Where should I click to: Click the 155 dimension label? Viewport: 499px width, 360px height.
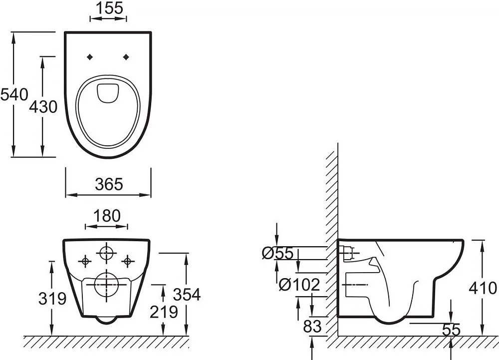point(109,8)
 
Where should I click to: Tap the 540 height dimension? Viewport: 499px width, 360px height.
point(14,95)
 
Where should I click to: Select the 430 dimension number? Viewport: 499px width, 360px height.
point(43,107)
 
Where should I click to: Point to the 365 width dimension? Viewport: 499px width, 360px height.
point(109,184)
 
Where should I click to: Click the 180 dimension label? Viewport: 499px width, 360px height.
point(107,216)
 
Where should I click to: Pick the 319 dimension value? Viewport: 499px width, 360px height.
point(52,299)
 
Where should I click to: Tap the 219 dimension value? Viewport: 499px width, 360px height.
point(164,312)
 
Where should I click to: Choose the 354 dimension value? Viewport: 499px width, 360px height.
point(187,295)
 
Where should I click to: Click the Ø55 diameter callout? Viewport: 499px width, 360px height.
point(277,253)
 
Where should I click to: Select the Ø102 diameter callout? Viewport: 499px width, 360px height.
point(299,285)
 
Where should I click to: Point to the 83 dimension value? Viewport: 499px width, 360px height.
point(312,326)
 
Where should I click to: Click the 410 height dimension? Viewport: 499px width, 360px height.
point(483,288)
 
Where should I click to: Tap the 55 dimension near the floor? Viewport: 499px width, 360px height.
point(451,330)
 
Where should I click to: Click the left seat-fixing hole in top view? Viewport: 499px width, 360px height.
point(90,57)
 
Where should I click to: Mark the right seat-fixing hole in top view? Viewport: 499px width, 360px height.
point(126,57)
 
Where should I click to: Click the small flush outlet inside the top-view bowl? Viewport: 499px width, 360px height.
point(107,93)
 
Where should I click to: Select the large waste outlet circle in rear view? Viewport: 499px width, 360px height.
point(107,284)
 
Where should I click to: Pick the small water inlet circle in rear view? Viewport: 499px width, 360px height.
point(106,253)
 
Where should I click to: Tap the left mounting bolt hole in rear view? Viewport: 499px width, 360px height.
point(85,261)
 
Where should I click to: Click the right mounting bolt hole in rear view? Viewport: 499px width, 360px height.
point(128,261)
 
